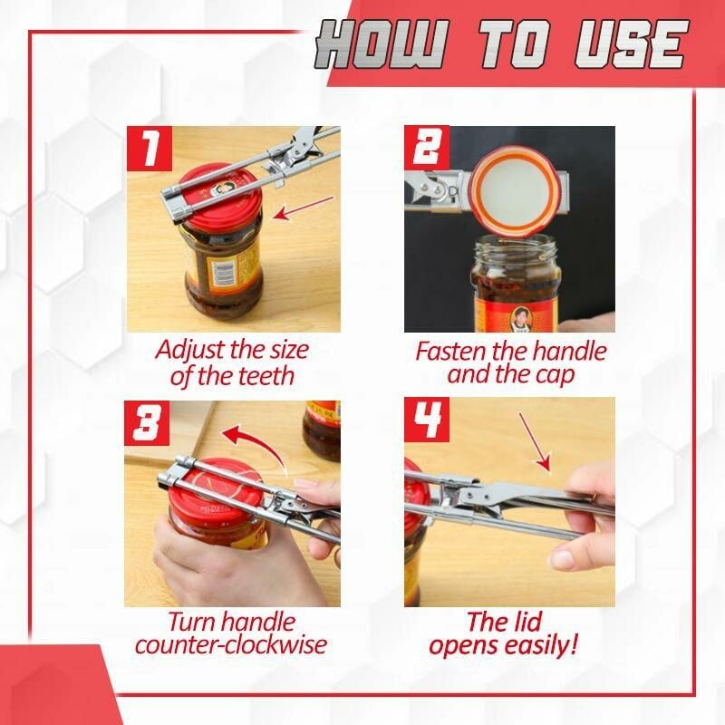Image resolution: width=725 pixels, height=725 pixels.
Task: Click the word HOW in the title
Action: point(382,44)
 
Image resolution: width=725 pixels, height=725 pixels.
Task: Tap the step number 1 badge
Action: point(150,148)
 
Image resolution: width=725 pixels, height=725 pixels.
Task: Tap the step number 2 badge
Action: point(426,148)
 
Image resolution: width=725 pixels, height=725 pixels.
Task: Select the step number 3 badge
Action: point(147,423)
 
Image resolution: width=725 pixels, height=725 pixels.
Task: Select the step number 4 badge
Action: point(426,420)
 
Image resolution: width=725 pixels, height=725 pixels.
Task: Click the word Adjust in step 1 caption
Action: point(190,351)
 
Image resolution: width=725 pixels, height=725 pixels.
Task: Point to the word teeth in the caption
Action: point(264,375)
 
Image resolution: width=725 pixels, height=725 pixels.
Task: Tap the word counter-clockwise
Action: point(231,644)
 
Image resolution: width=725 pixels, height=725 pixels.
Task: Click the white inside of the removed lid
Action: point(514,194)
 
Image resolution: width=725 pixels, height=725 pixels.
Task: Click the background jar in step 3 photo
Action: point(322,430)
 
